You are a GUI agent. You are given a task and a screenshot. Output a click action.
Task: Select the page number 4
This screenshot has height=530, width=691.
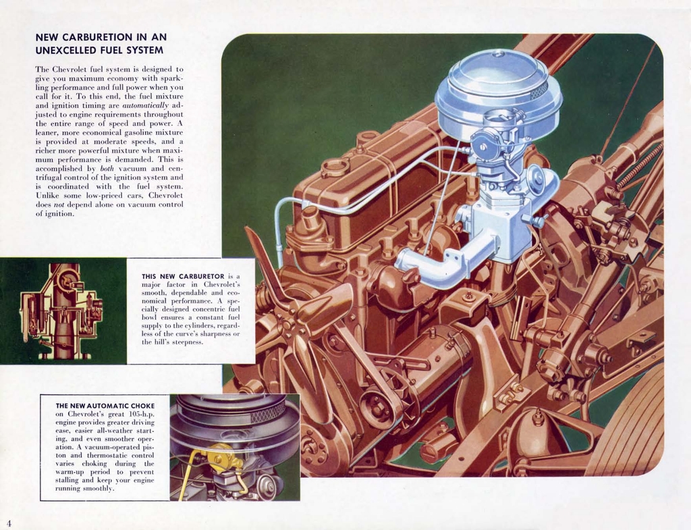point(9,523)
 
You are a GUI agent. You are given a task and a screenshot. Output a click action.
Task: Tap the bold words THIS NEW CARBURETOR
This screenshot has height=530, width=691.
point(183,276)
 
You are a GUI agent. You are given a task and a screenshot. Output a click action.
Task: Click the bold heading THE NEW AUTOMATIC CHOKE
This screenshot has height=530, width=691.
point(105,406)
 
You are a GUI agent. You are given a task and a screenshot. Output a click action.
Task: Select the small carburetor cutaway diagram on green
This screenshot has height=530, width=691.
point(62,311)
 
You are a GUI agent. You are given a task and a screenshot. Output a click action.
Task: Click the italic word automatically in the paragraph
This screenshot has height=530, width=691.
point(145,106)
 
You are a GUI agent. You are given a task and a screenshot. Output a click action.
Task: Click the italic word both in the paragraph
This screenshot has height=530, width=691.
point(107,168)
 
